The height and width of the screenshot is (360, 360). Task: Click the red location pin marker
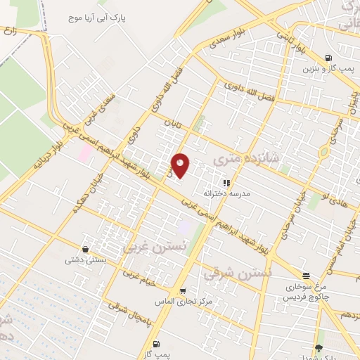click(181, 165)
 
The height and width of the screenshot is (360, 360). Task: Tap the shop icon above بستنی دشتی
click(85, 249)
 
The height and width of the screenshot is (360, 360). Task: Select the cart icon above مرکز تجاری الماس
click(183, 290)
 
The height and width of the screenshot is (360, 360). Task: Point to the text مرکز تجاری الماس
click(183, 301)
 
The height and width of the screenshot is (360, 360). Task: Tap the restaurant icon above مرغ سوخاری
click(305, 276)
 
